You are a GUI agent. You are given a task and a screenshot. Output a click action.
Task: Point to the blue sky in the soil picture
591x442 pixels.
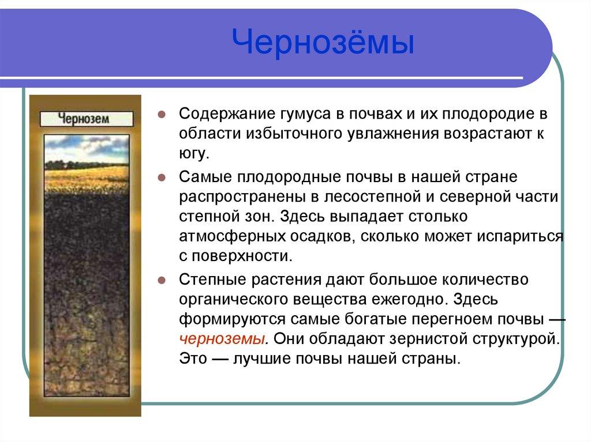click(86, 144)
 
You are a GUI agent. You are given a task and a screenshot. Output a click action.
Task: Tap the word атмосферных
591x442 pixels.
click(235, 237)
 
